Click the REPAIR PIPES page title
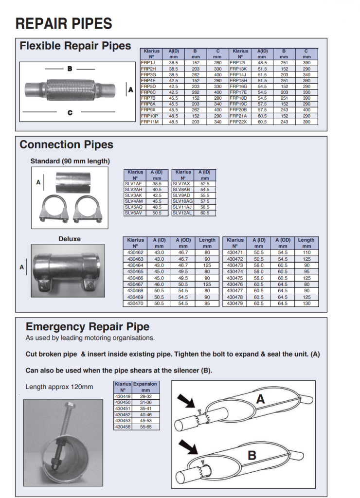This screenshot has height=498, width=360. click(x=64, y=23)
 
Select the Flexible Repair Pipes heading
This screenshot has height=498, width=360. click(x=75, y=46)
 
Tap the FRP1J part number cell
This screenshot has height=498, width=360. click(x=147, y=63)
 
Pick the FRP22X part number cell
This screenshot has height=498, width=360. click(x=238, y=122)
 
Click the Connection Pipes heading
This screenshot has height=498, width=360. click(x=66, y=145)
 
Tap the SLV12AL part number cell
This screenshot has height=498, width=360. click(x=182, y=213)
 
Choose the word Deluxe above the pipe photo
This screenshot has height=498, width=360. click(x=70, y=239)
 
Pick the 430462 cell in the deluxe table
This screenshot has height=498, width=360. click(x=135, y=253)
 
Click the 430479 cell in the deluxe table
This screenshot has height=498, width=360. click(x=235, y=303)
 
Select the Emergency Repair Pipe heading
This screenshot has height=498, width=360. click(x=88, y=327)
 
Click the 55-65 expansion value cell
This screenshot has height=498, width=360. click(x=145, y=427)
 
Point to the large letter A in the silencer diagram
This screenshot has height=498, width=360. click(x=260, y=399)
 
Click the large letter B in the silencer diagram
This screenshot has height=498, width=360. click(x=252, y=456)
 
